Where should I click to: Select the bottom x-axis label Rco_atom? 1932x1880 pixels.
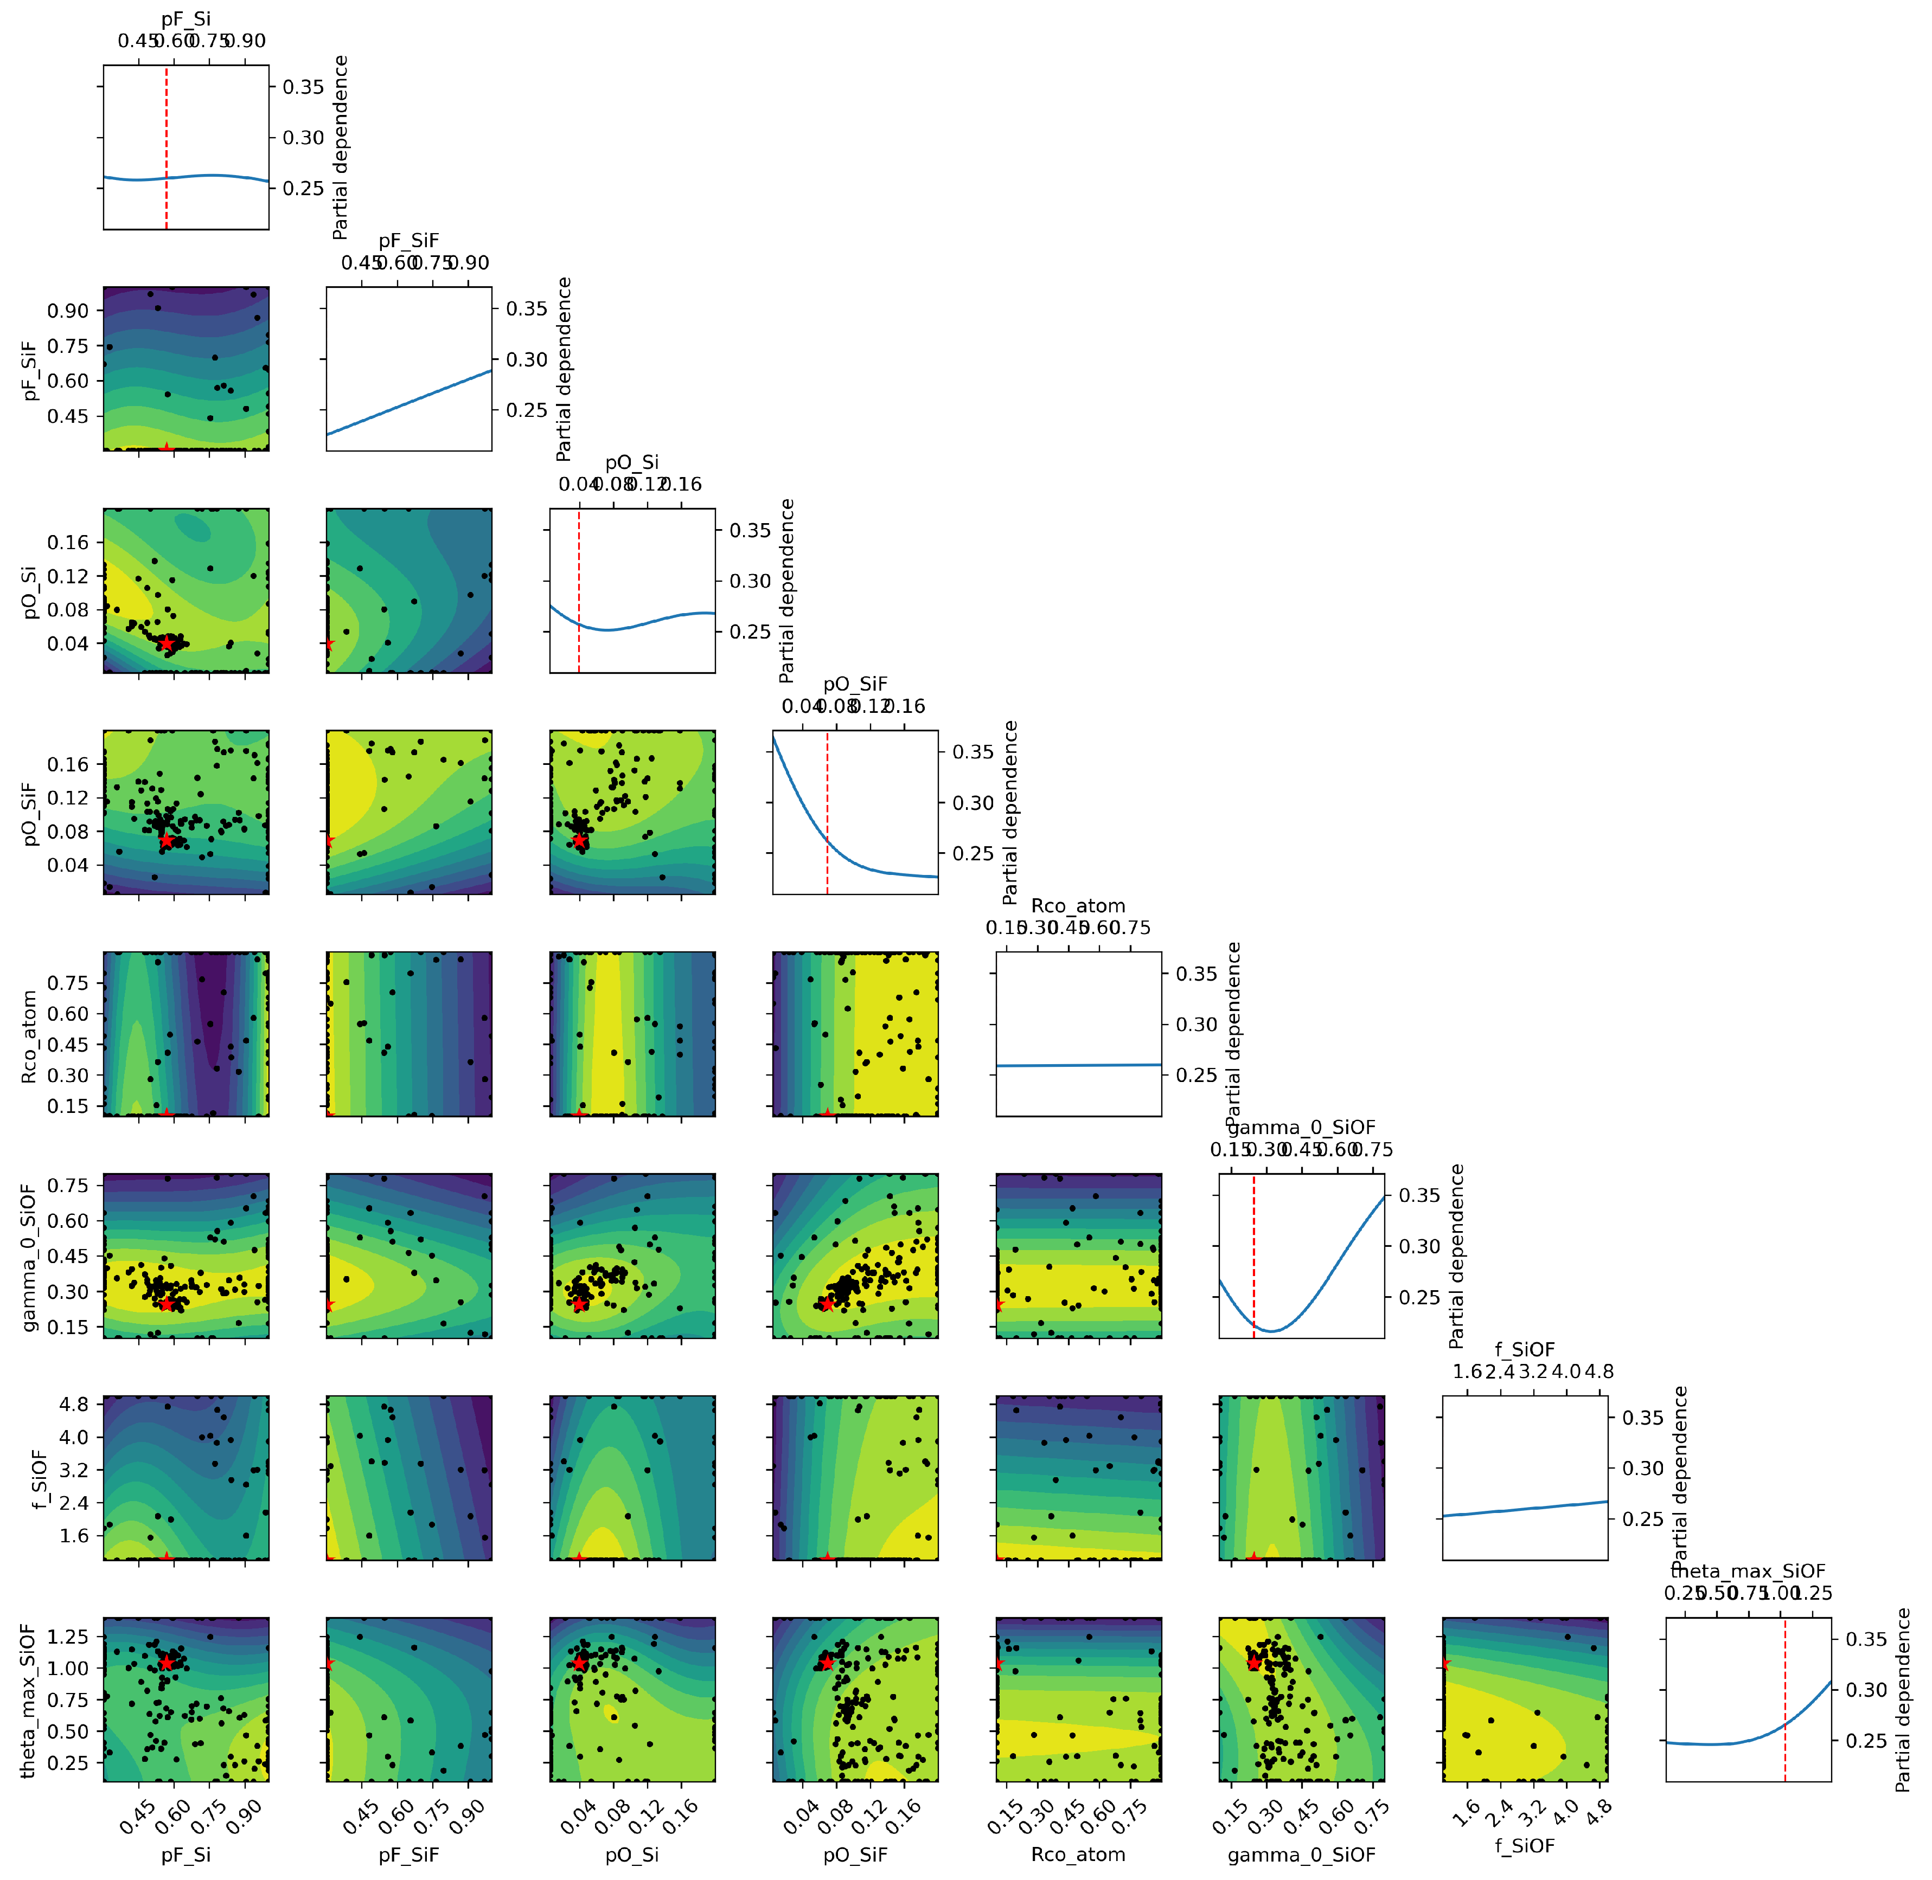pos(1078,1855)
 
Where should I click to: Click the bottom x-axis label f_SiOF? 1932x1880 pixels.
pos(1524,1844)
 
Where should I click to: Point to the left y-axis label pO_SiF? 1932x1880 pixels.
pos(30,814)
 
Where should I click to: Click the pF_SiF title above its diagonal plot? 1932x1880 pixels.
pos(409,240)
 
